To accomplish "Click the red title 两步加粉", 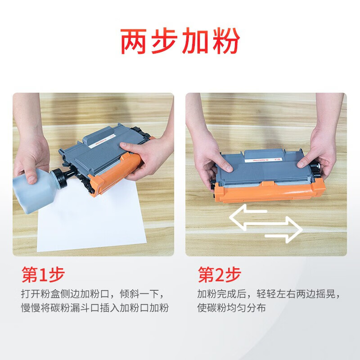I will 180,42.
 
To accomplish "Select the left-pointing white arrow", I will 250,216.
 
